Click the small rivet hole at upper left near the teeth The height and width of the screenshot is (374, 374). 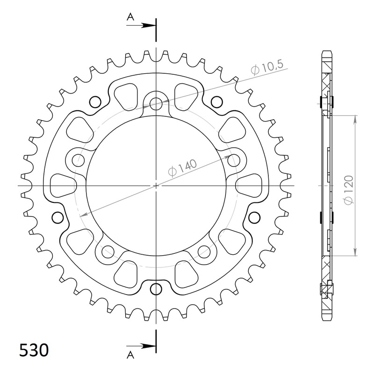(x=95, y=101)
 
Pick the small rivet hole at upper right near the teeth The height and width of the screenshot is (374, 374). (x=216, y=101)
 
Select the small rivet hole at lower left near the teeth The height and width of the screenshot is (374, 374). (x=58, y=217)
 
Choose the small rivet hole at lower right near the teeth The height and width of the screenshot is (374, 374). (x=255, y=217)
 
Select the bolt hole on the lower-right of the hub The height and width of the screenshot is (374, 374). (x=204, y=251)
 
